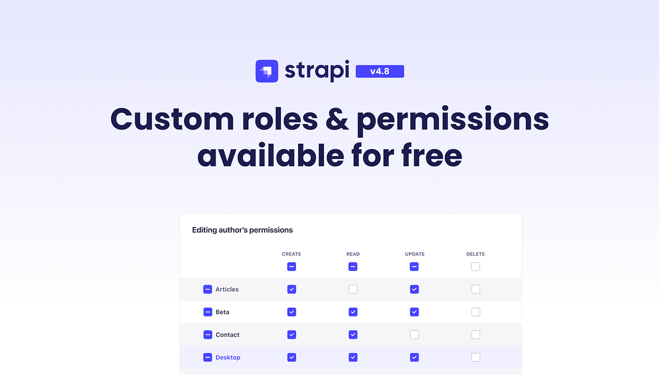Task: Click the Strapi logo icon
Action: [267, 71]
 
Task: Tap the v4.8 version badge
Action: [380, 71]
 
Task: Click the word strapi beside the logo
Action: [317, 71]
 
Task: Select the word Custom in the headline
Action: [171, 119]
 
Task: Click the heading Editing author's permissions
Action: [242, 230]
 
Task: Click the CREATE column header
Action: [291, 254]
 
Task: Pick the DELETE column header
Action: [476, 254]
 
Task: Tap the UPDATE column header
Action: [414, 254]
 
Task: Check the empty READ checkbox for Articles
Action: [353, 289]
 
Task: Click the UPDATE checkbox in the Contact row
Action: [414, 335]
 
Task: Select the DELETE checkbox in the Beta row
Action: [476, 312]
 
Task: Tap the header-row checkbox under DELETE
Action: [476, 267]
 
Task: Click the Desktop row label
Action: [228, 357]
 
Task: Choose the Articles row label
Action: [227, 289]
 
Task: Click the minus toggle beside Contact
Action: [207, 335]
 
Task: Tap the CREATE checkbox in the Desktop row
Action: [291, 357]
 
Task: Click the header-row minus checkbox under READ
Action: [353, 267]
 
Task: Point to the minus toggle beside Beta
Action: [207, 312]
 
